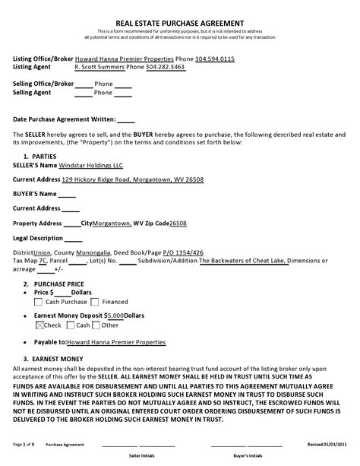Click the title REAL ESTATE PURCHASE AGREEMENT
coord(179,24)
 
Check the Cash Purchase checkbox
coord(39,302)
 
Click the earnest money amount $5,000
coord(114,315)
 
